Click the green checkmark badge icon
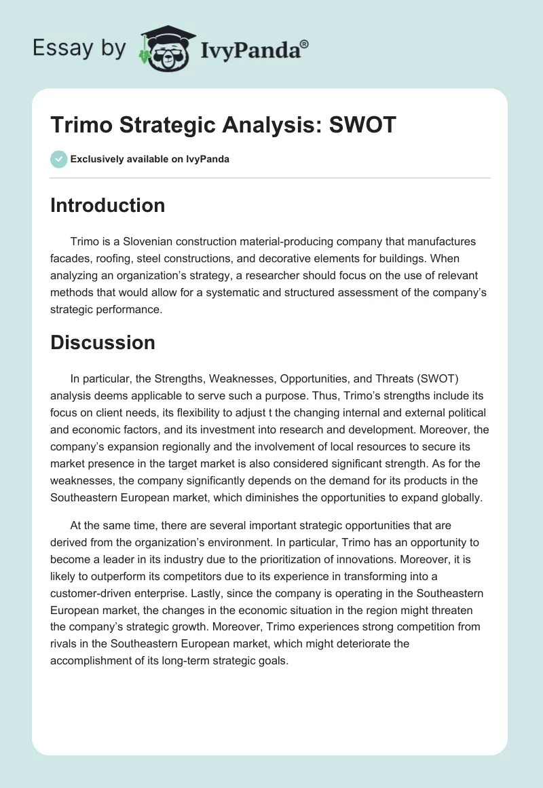coord(58,159)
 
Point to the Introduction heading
coord(107,205)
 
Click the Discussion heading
coord(102,342)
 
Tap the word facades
coord(69,258)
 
